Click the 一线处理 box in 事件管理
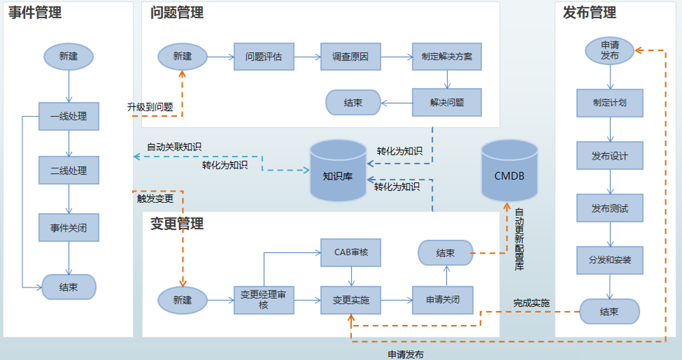click(x=69, y=116)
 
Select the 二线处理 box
click(x=69, y=171)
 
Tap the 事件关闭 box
click(x=69, y=228)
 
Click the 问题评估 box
click(x=264, y=57)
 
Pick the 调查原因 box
click(x=350, y=57)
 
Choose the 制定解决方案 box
click(x=447, y=57)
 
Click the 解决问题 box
click(x=447, y=103)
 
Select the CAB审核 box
click(x=351, y=253)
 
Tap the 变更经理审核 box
click(x=264, y=300)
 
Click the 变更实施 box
click(x=351, y=300)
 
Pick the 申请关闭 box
click(x=442, y=300)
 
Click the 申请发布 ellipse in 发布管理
click(x=610, y=51)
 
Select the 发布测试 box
click(x=610, y=208)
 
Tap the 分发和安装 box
click(x=610, y=260)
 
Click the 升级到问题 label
click(x=150, y=107)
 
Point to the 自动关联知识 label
click(x=174, y=147)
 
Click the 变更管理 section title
click(x=177, y=224)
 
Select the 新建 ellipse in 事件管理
click(x=69, y=57)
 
